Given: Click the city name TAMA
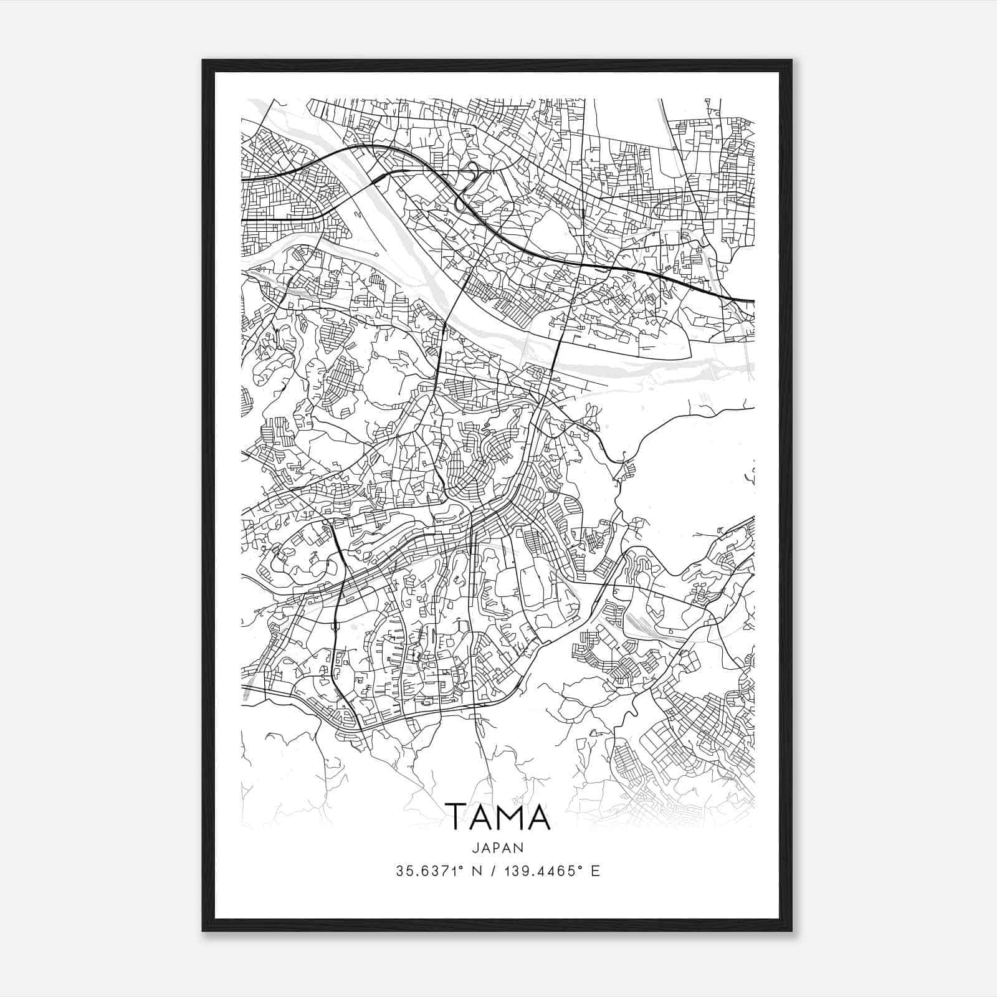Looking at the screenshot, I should (x=499, y=817).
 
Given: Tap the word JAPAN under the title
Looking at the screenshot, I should (x=499, y=847).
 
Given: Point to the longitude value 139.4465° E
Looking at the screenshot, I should (x=552, y=871).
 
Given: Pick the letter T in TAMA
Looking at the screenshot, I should (x=456, y=817).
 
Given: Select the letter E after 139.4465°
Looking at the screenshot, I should (x=596, y=871).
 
